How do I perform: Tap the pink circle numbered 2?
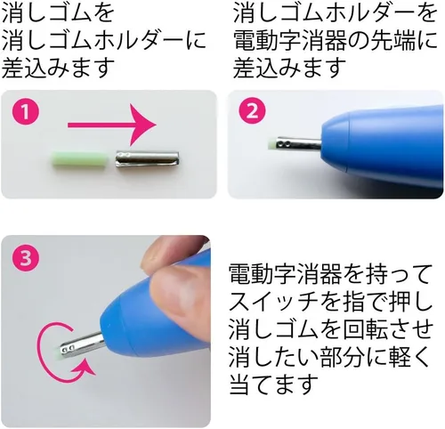pos(252,111)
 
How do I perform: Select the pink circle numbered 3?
pos(26,257)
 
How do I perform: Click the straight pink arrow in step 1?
pos(112,125)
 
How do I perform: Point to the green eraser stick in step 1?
pos(79,160)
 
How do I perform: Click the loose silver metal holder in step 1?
pos(147,159)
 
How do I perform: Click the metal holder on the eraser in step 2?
pos(298,144)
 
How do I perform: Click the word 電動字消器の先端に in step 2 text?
pos(336,41)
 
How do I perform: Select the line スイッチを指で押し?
pos(330,303)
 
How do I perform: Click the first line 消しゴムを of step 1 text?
pos(58,13)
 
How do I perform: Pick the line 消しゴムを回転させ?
pos(330,329)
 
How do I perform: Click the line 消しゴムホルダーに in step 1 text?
pos(104,41)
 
